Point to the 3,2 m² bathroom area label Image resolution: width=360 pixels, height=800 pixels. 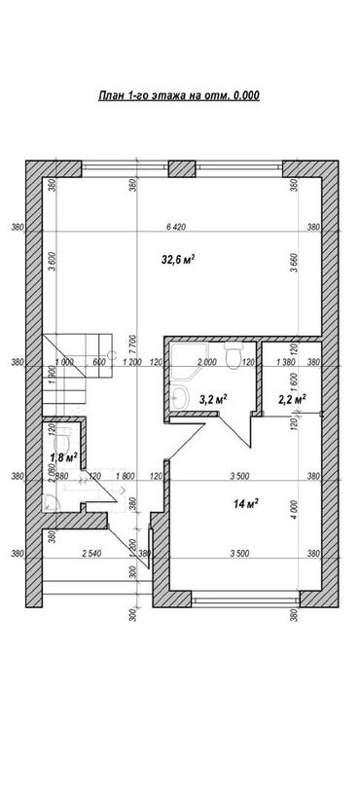click(212, 398)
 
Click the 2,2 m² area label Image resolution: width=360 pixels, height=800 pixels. click(292, 398)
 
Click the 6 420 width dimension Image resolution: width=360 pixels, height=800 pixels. click(175, 227)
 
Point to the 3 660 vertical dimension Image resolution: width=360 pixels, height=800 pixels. click(293, 266)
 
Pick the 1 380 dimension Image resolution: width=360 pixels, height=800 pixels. click(286, 362)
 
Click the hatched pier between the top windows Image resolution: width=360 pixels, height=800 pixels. click(180, 166)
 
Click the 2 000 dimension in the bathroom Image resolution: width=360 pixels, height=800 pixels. click(206, 362)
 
